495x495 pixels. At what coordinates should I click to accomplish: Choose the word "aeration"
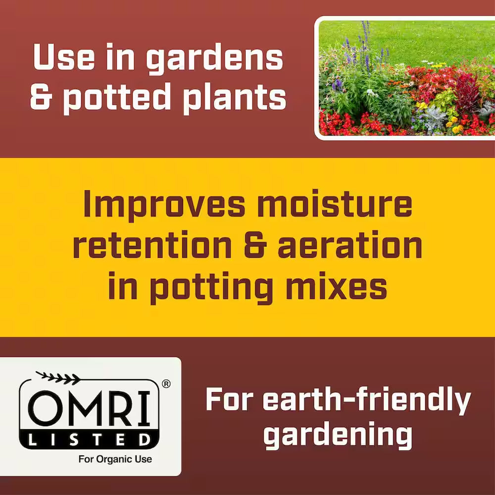tap(349, 246)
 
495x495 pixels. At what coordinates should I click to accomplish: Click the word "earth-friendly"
tap(338, 401)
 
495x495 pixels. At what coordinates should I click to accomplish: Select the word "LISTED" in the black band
tap(89, 439)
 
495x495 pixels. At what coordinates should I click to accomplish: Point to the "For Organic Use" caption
tap(115, 459)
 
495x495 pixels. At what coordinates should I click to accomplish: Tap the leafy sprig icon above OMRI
tap(58, 378)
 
